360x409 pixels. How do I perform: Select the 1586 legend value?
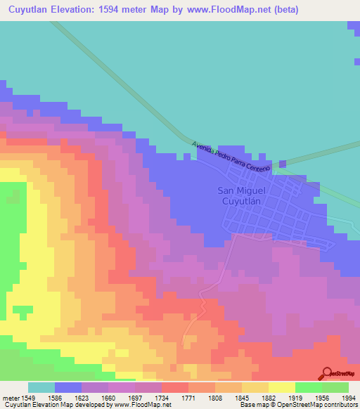[55, 398]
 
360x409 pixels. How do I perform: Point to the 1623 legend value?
[82, 398]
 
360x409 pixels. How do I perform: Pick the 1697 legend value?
[135, 398]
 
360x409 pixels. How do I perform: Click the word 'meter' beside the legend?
[8, 398]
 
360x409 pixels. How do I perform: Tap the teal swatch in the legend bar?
[41, 387]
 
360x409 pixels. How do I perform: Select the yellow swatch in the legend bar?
[282, 387]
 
